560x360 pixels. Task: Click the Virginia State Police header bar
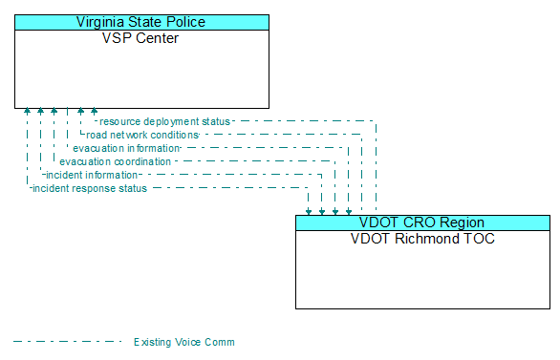tap(140, 22)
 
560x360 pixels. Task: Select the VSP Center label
tap(140, 38)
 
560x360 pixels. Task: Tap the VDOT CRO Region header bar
tap(421, 222)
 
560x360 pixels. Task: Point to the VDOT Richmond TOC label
tap(421, 239)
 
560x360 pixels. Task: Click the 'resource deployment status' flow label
tap(164, 121)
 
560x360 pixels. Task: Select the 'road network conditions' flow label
tap(141, 135)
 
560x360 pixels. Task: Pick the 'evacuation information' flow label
tap(126, 148)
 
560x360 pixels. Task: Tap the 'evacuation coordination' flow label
tap(115, 161)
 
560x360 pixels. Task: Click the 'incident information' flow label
tap(92, 175)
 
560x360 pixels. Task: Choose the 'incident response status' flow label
tap(90, 188)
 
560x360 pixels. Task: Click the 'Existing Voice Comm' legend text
tap(183, 342)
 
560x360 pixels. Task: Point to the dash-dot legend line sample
tap(67, 342)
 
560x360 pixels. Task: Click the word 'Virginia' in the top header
tap(103, 22)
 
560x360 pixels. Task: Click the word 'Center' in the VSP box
tap(157, 38)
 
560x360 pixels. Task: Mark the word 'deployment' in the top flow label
tap(168, 121)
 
